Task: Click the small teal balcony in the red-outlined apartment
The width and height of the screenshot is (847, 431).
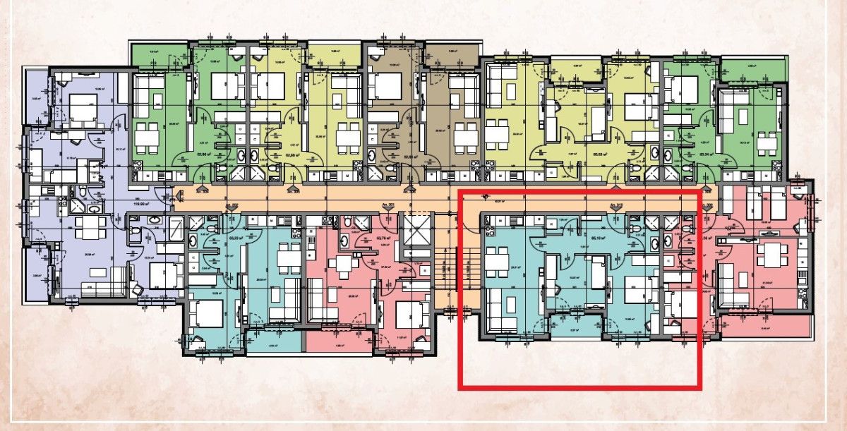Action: click(x=575, y=327)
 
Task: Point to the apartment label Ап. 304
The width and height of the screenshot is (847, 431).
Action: click(x=203, y=191)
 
